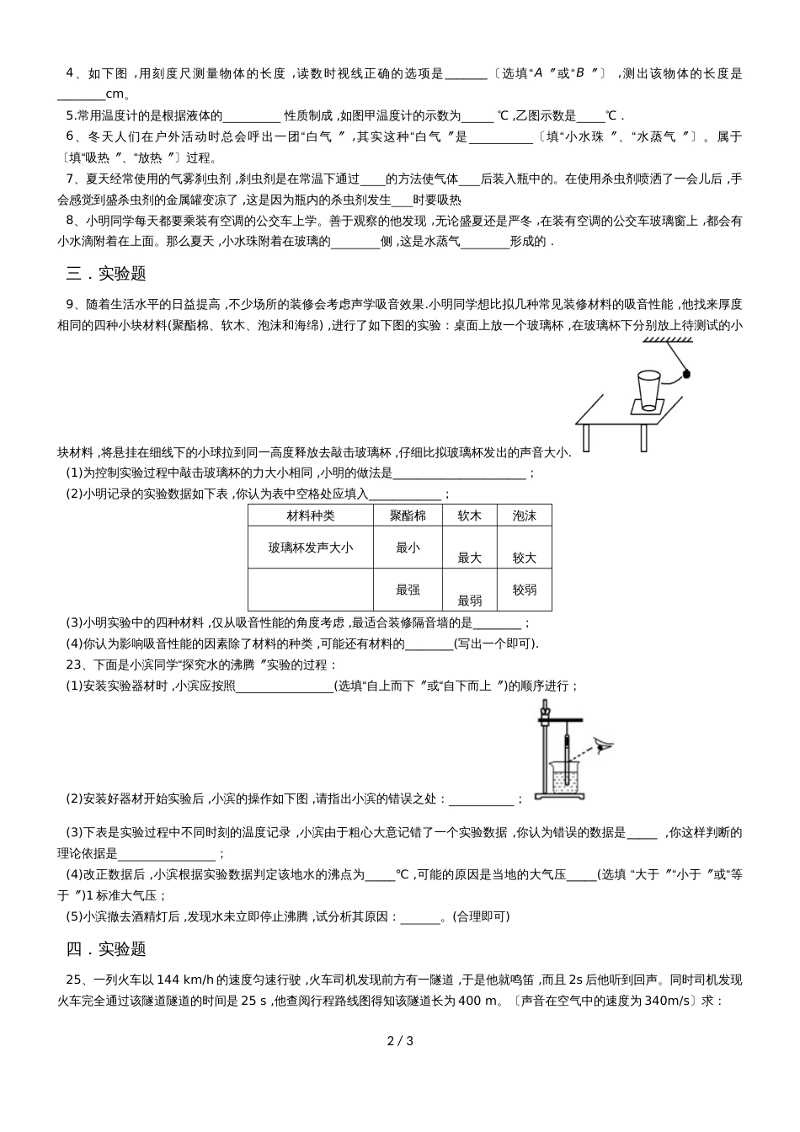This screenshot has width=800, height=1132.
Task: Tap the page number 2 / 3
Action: [400, 1040]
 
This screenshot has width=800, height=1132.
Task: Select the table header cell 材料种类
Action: [310, 515]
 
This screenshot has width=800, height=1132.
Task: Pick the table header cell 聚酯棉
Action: [408, 515]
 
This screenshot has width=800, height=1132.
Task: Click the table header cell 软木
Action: [469, 515]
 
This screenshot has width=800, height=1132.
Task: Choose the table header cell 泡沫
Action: [524, 515]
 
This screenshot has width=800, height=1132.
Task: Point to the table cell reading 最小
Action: [408, 547]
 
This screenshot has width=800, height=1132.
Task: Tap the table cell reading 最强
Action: [408, 590]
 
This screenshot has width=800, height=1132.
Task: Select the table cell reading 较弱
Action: [524, 590]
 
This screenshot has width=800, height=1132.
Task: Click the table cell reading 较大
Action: [524, 558]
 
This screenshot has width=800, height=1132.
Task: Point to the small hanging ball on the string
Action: [686, 372]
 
